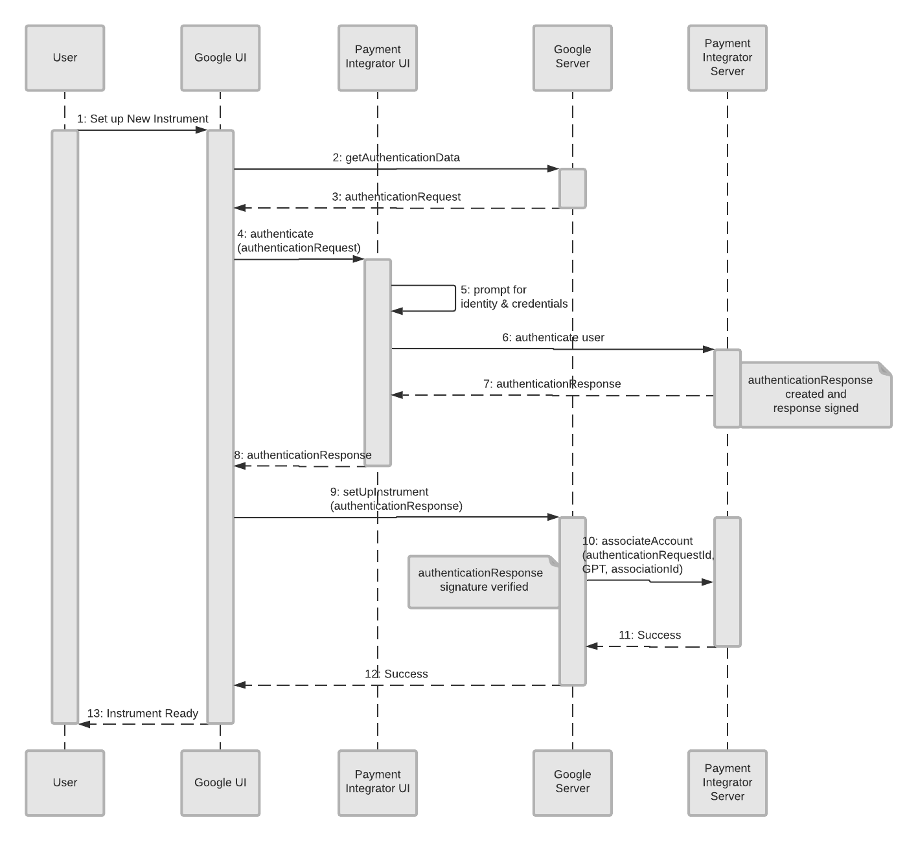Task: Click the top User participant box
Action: [x=65, y=58]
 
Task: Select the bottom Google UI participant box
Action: [x=220, y=782]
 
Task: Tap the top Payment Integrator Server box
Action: [x=727, y=58]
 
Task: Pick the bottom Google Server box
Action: [x=572, y=782]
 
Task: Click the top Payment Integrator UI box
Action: [x=377, y=58]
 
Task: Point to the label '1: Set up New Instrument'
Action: [x=143, y=119]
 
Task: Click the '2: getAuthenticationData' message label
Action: [x=396, y=158]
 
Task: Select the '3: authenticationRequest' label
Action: [x=396, y=197]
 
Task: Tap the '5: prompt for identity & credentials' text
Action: [x=514, y=297]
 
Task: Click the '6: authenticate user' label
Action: [x=553, y=338]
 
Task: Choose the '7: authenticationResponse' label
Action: [x=552, y=384]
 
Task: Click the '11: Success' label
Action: [x=649, y=635]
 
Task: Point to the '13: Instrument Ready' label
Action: [x=143, y=714]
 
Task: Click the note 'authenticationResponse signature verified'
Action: [x=483, y=581]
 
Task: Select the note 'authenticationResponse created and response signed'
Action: [x=815, y=394]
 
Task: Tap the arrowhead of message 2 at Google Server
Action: [x=553, y=169]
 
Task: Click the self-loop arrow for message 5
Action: [x=455, y=299]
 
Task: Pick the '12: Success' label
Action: [x=396, y=674]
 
